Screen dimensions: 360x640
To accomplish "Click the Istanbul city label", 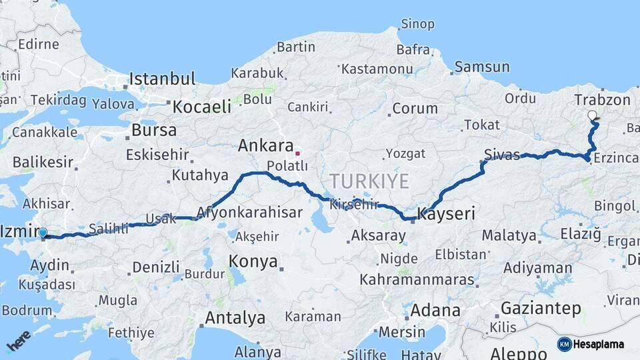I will point(162,79).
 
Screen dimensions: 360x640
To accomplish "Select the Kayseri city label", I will point(446,214).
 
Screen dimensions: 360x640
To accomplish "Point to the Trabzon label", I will point(602,100).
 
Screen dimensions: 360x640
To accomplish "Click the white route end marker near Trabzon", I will point(592,115).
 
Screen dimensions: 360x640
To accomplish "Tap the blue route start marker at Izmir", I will point(43,233).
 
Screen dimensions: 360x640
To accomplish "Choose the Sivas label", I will point(502,155).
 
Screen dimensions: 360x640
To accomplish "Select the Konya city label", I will point(253,261).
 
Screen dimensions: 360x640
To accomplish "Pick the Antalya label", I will point(235,318).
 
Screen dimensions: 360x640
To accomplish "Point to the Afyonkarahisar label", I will point(249,213).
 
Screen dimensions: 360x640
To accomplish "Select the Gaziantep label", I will point(541,309).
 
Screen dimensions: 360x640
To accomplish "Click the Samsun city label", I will point(482,67).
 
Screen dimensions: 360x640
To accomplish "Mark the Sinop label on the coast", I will point(417,25).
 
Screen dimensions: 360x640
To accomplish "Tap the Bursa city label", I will point(154,129).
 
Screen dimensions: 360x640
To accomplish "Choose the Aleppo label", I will point(519,353).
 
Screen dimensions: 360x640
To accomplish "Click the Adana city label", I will point(435,310).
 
